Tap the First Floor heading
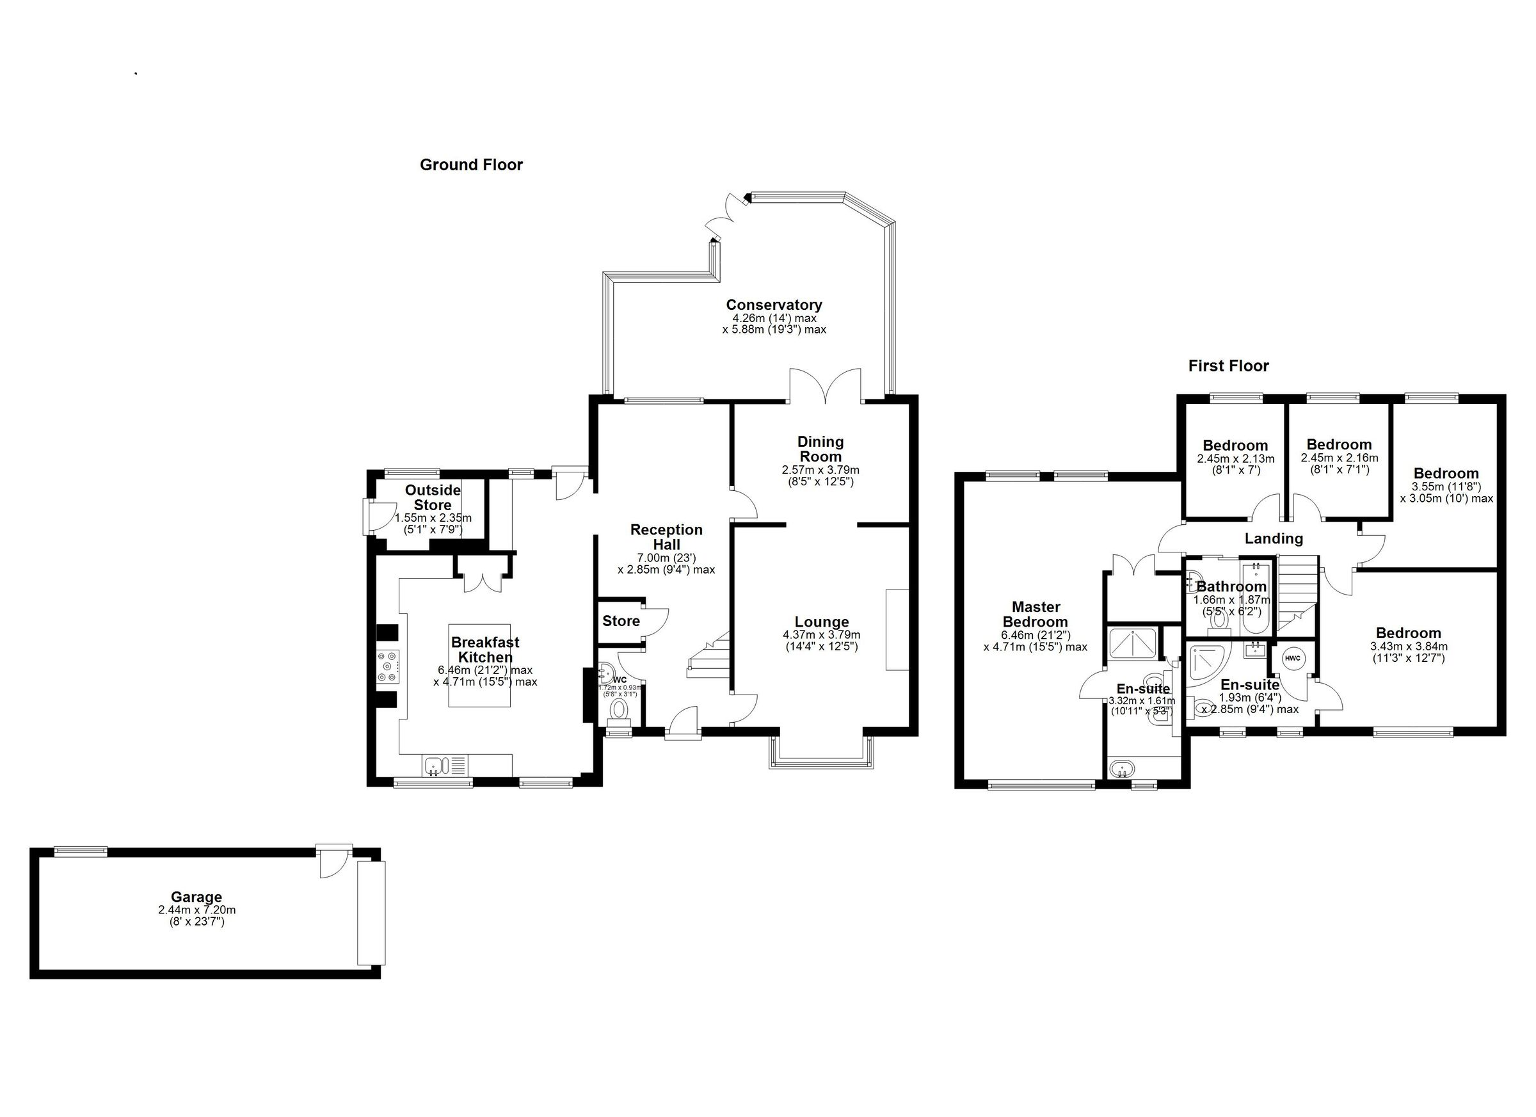coord(1228,366)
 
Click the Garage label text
coord(196,897)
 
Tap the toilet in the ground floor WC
coord(619,711)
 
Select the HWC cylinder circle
coord(1292,658)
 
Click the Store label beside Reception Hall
coord(620,620)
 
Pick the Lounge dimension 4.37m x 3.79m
coord(821,635)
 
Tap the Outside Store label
coord(432,497)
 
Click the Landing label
coord(1273,538)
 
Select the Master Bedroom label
coord(1035,615)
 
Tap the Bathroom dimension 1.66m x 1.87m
coord(1231,600)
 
